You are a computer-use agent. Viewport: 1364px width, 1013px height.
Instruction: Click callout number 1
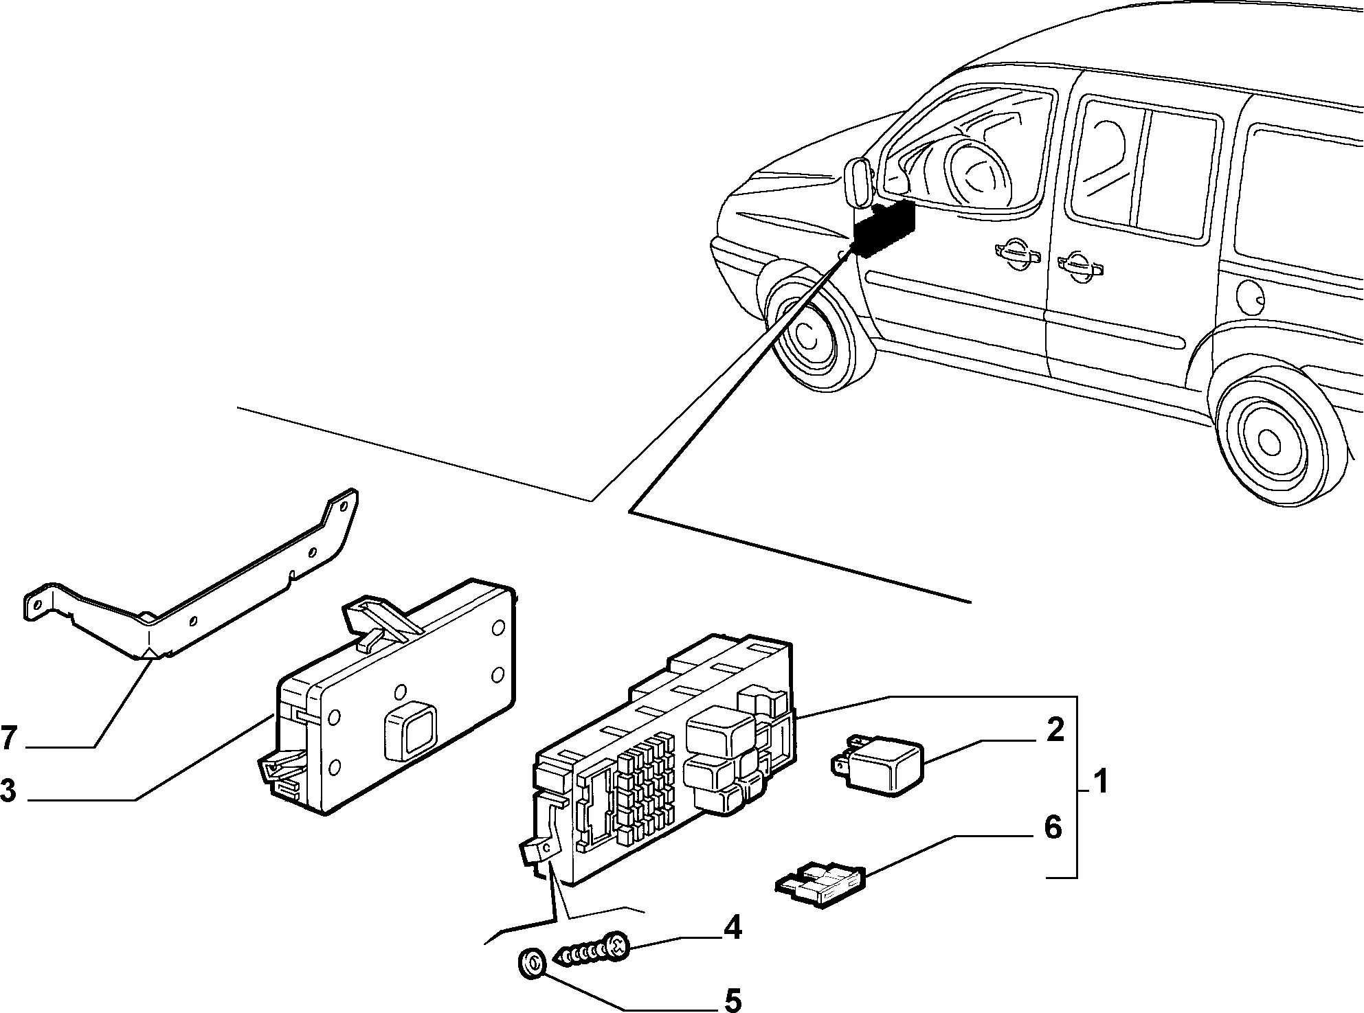coord(1099,782)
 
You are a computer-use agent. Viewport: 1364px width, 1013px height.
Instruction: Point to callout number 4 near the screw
coord(732,929)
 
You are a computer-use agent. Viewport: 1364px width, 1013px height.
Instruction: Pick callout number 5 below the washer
coord(733,1000)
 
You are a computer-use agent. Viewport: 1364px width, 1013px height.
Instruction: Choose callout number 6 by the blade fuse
coord(1052,828)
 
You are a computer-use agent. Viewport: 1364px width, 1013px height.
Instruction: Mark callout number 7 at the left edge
coord(8,738)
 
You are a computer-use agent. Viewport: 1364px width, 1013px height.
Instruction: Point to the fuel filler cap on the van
coord(1250,297)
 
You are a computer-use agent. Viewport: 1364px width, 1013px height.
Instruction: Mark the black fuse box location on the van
coord(884,228)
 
